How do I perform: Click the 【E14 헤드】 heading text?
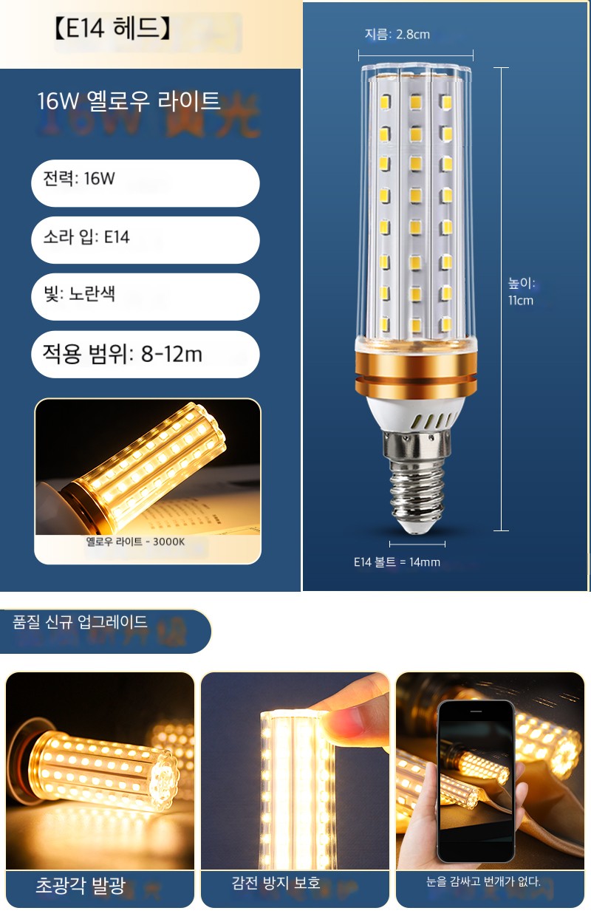[112, 29]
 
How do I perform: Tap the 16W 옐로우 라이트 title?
[129, 101]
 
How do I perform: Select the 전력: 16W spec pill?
[146, 183]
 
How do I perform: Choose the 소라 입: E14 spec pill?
[146, 240]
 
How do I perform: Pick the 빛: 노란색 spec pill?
[146, 297]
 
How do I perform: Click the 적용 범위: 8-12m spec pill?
[146, 354]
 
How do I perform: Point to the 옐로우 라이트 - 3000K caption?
[135, 542]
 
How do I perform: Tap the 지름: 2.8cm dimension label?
[397, 34]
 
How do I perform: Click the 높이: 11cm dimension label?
[521, 291]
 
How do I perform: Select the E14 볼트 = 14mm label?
[397, 561]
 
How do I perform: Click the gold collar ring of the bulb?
[416, 372]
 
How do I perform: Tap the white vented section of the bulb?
[416, 413]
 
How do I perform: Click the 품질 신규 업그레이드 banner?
[105, 631]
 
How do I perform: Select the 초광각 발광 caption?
[81, 886]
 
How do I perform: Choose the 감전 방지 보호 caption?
[276, 883]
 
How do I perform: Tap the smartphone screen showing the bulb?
[476, 784]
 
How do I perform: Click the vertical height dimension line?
[501, 299]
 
